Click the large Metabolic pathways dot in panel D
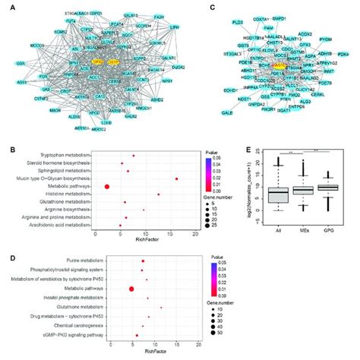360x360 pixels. (132, 289)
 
